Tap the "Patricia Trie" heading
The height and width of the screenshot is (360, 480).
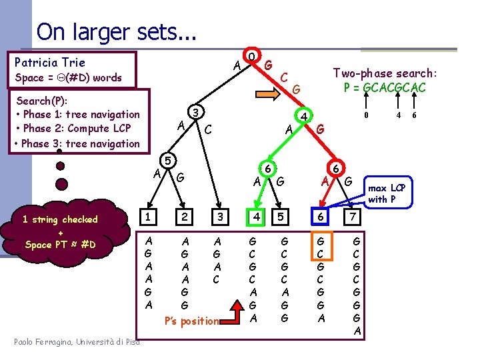click(x=50, y=62)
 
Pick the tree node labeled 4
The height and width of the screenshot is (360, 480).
click(x=303, y=117)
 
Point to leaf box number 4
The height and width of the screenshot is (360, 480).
click(x=253, y=217)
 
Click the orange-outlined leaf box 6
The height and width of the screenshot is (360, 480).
click(x=321, y=217)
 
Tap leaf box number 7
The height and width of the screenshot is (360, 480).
click(x=355, y=217)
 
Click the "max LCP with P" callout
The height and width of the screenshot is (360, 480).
click(x=387, y=193)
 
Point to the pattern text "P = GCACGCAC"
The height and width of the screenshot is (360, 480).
click(x=385, y=87)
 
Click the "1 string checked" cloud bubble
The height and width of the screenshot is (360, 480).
click(x=60, y=231)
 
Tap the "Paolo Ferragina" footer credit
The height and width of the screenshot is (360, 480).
click(x=77, y=342)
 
